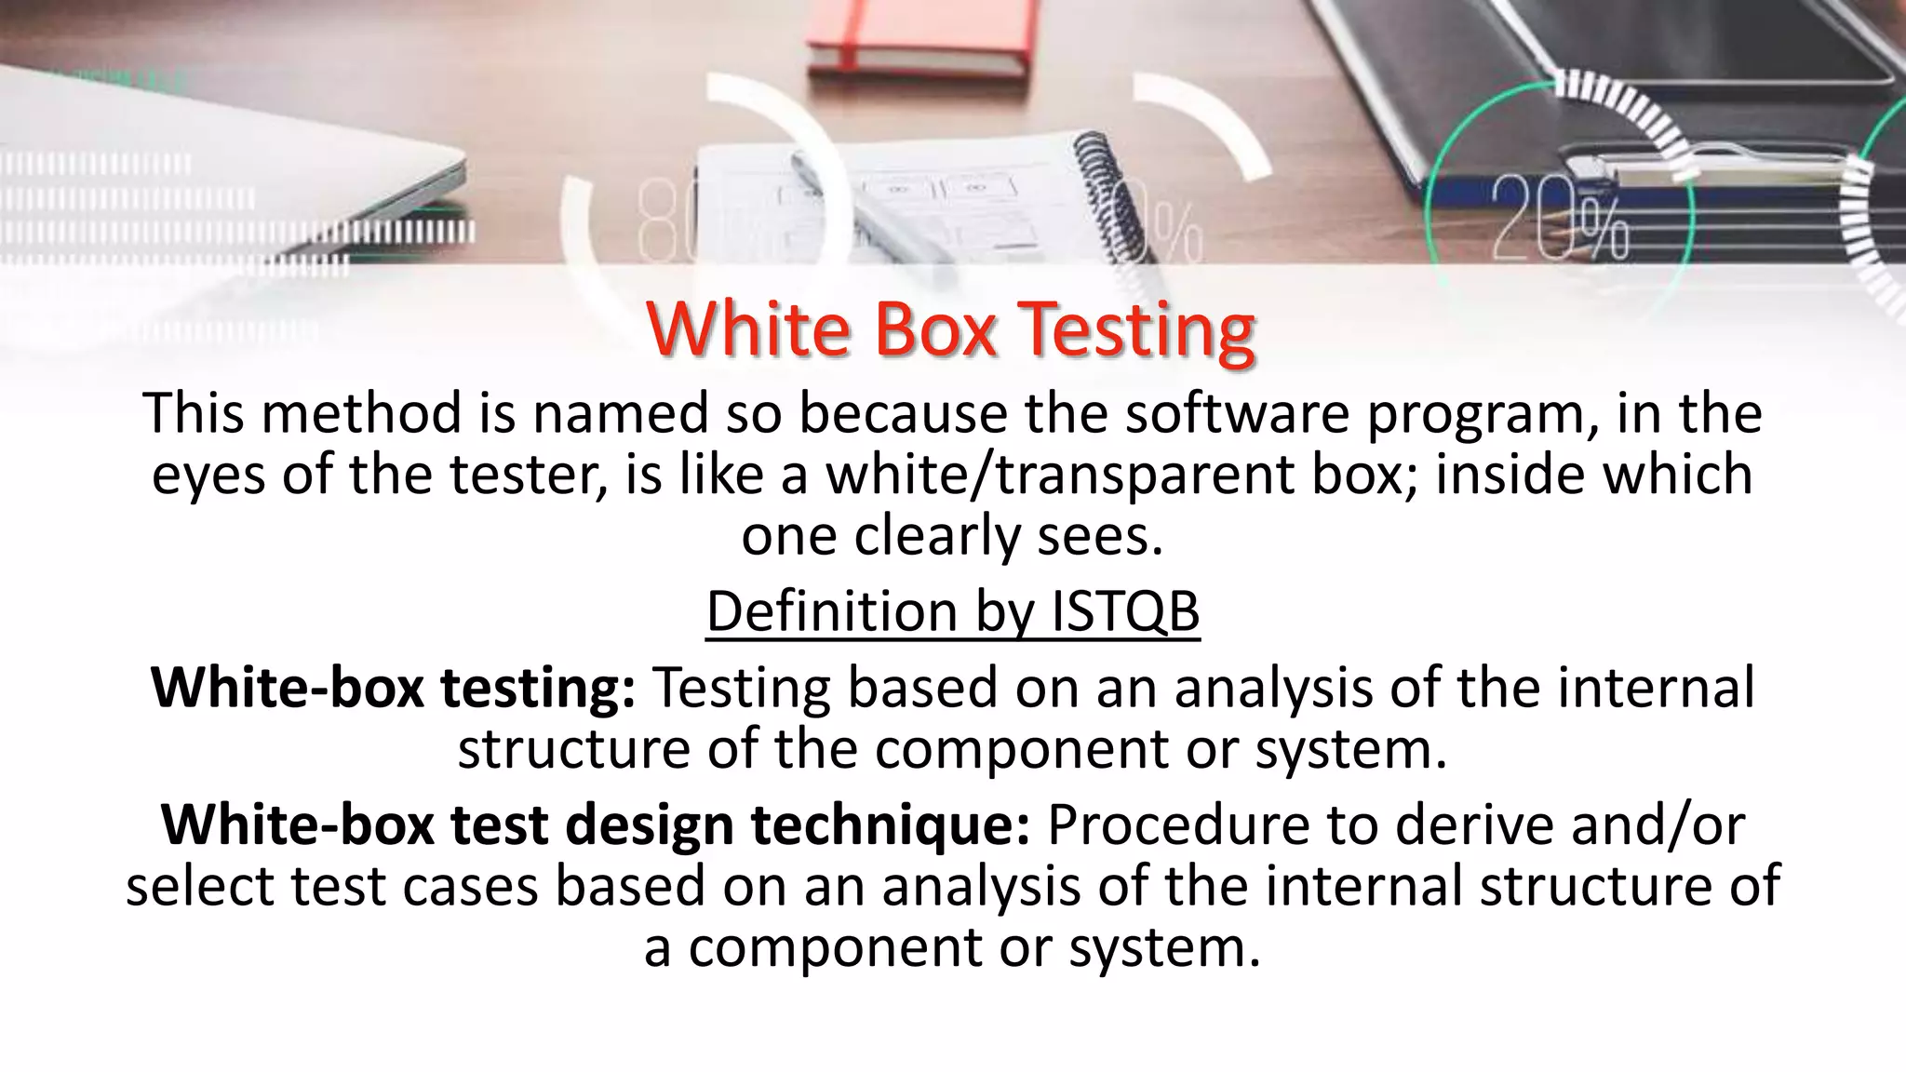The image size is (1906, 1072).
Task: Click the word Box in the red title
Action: pyautogui.click(x=934, y=329)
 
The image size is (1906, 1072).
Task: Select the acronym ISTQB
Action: pyautogui.click(x=1125, y=611)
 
